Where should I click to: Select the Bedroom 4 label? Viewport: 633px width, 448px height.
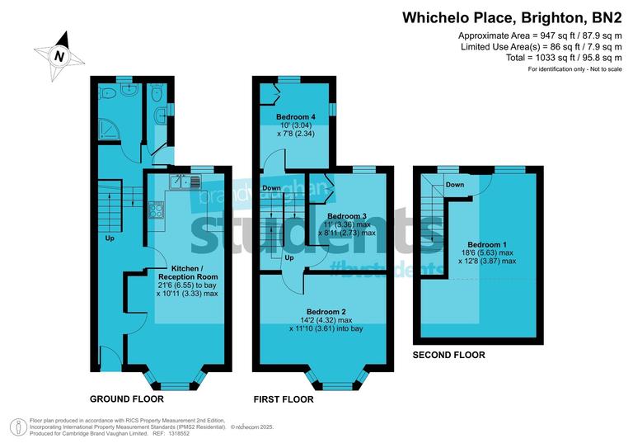point(297,116)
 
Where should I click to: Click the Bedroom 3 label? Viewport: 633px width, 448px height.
point(341,215)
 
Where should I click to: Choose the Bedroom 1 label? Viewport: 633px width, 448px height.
point(486,244)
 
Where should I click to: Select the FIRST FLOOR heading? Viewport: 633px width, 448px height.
point(284,399)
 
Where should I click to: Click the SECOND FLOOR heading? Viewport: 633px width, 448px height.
point(449,355)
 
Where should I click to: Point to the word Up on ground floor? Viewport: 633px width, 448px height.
point(110,238)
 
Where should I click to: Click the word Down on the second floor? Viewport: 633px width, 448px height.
point(454,185)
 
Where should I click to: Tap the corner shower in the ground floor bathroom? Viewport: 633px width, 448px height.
point(106,129)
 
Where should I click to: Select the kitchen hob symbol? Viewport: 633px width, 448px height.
point(157,210)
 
